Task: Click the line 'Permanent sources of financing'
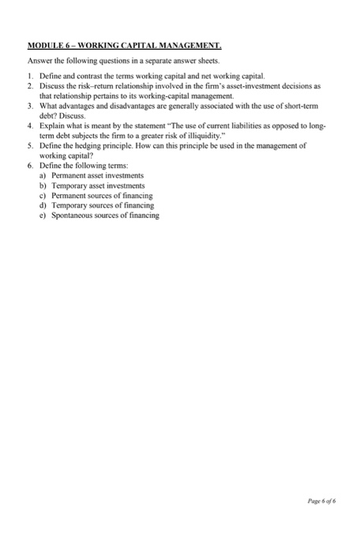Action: [102, 194]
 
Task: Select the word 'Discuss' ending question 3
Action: [67, 115]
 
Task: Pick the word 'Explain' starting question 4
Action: [53, 125]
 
